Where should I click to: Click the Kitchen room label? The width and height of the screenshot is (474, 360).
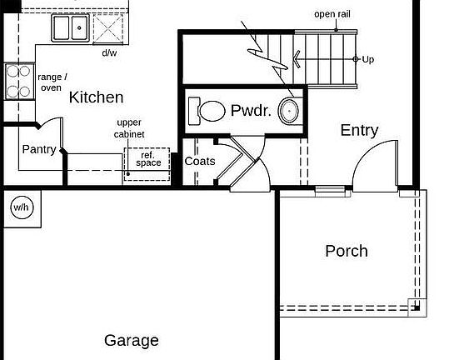point(96,97)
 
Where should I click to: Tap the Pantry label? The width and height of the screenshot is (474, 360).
point(39,150)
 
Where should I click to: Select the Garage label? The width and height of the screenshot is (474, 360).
point(131,340)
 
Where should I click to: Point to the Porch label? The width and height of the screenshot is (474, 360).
point(346,251)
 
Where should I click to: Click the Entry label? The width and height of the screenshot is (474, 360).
point(359,130)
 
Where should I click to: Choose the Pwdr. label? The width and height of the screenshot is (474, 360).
point(251,110)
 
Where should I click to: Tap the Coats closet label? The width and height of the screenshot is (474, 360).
point(199,161)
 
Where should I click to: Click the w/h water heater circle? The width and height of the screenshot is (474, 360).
point(21,207)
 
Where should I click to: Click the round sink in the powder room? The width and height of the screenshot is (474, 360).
point(289,110)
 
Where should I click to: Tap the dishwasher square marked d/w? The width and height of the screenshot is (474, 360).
point(109,28)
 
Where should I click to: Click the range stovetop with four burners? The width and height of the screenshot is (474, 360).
point(17,81)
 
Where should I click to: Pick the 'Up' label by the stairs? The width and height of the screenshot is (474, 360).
point(367,59)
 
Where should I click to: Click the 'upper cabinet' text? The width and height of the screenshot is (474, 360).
point(129,127)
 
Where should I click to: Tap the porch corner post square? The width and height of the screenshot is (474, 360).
point(415,306)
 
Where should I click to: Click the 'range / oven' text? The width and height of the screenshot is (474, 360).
point(52,82)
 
